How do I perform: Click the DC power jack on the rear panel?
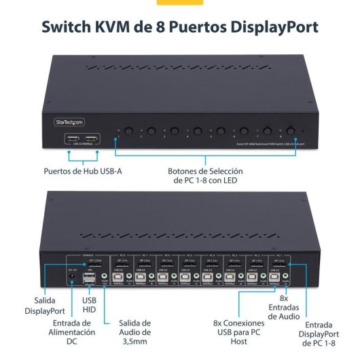pos(72,281)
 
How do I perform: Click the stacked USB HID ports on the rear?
pos(90,278)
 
